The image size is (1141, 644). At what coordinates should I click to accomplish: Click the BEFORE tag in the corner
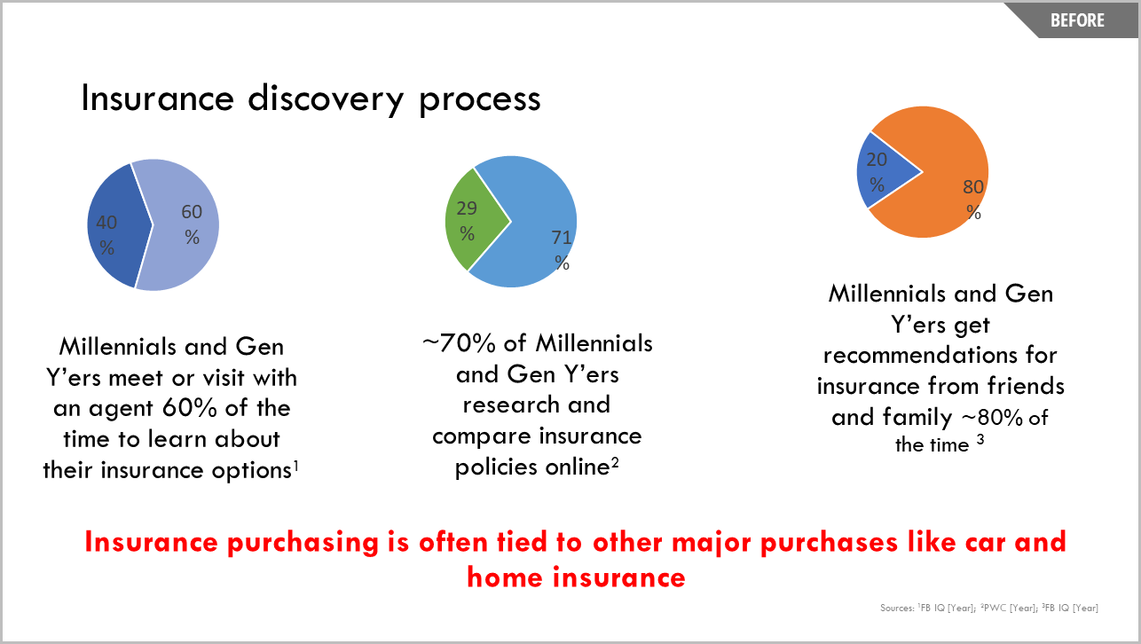tap(1077, 20)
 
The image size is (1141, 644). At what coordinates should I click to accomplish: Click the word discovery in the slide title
tap(326, 99)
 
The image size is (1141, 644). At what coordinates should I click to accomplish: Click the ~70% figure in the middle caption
tap(459, 343)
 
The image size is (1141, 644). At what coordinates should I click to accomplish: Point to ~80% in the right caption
tap(992, 418)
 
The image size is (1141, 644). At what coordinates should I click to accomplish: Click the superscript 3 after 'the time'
tap(980, 439)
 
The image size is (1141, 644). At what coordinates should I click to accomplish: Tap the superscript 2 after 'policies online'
tap(615, 463)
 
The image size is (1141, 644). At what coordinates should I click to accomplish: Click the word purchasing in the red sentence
tap(303, 543)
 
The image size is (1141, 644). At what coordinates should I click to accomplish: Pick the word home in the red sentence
tap(506, 577)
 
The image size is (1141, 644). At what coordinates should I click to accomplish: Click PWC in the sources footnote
tap(995, 608)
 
